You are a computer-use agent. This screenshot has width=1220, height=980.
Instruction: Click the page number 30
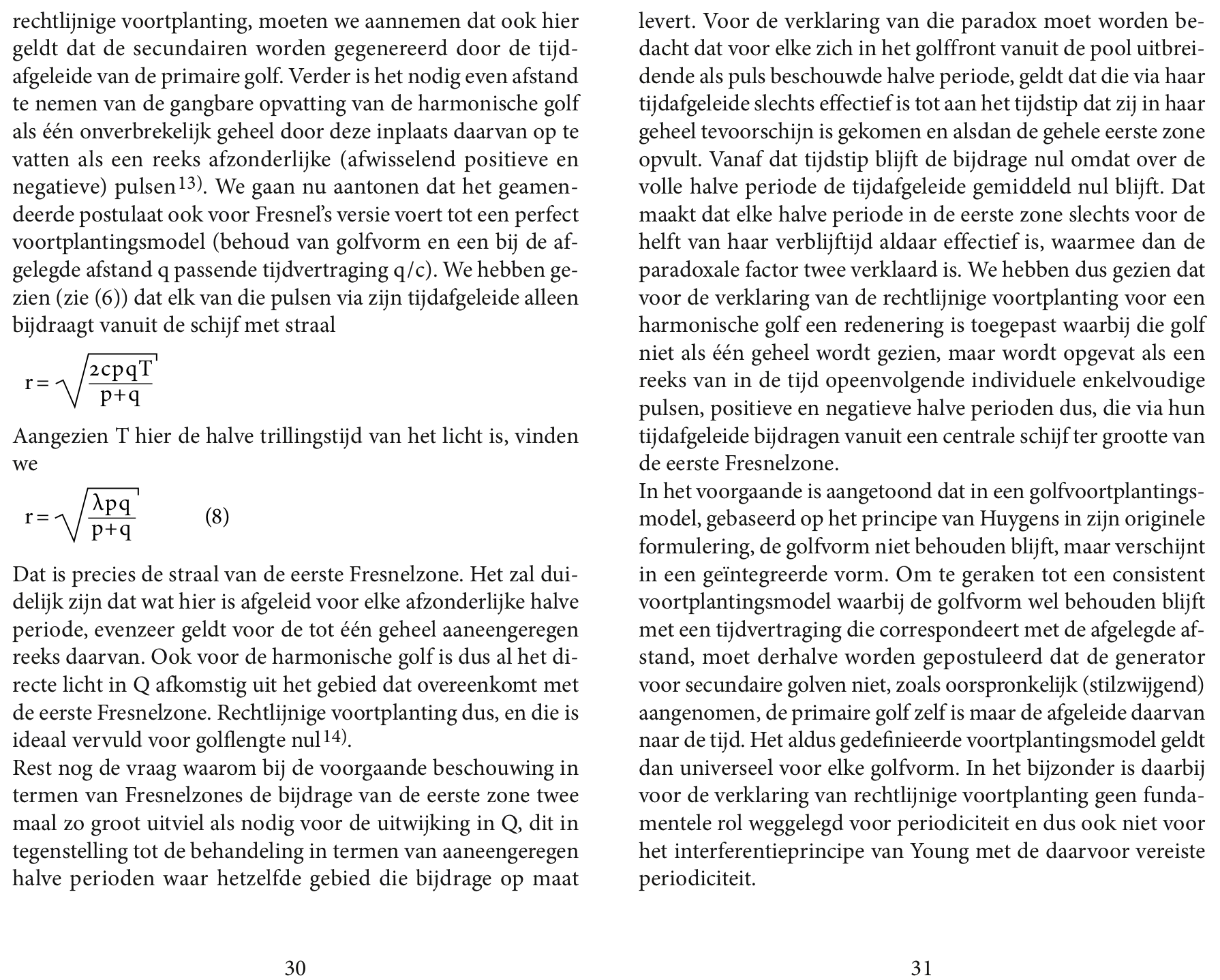coord(294,968)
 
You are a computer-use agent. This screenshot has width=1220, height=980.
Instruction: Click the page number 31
coord(921,968)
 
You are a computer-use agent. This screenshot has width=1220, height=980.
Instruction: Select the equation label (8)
coord(217,517)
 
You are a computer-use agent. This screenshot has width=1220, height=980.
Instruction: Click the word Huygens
coord(1012,519)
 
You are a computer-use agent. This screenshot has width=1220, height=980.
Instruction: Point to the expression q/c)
coord(414,271)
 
